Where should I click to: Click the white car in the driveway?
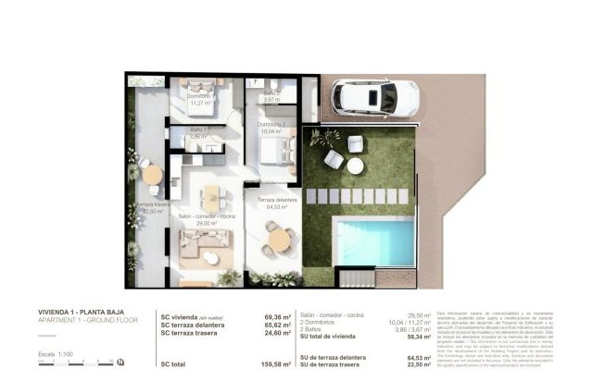(374, 97)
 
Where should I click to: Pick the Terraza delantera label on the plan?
(277, 201)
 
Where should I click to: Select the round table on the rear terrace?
(152, 174)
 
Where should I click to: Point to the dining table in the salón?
(212, 196)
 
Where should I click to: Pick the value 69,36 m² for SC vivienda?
(274, 317)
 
